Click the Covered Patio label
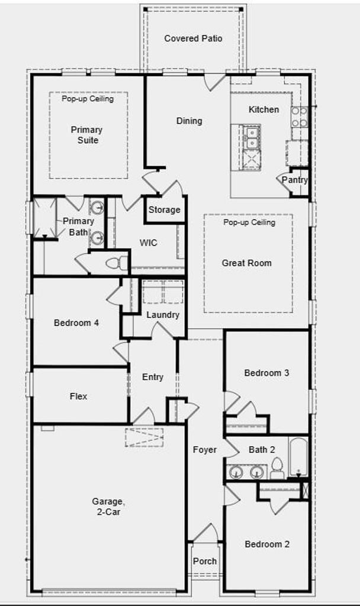193,38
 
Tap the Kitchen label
263,109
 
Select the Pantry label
294,180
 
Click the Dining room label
189,121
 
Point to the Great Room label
247,263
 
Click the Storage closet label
164,209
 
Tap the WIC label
149,243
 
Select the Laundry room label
163,315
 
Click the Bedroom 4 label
76,323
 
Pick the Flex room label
78,397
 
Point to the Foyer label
205,450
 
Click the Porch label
205,561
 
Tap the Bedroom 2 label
267,544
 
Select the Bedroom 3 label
266,373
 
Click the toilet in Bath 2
277,469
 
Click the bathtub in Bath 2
298,457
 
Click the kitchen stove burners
300,117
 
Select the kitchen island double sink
252,138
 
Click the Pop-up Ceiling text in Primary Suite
88,99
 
